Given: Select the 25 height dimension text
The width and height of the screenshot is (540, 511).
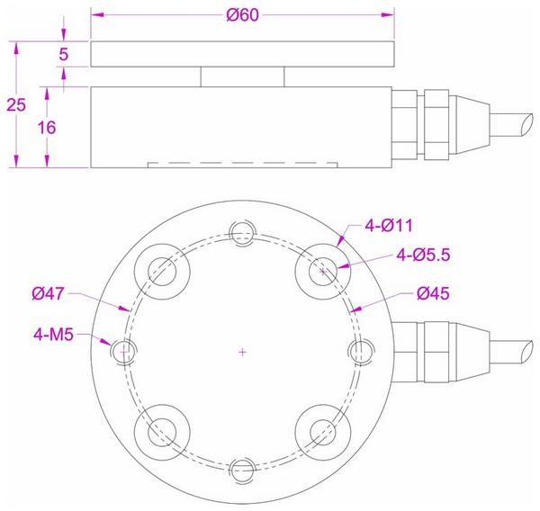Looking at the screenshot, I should click(15, 104).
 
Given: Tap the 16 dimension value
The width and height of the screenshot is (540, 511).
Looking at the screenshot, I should click(48, 127).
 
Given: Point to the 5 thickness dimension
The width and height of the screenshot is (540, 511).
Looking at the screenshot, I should click(63, 55).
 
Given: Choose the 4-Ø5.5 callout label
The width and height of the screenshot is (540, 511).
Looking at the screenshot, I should click(421, 255).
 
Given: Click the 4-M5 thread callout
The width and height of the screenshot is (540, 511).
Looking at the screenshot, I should click(55, 335).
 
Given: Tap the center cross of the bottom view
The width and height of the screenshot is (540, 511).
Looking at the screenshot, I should click(242, 351).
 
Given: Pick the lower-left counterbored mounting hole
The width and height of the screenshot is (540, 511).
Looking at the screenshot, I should click(163, 430).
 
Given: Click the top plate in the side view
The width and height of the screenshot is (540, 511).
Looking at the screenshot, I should click(243, 55).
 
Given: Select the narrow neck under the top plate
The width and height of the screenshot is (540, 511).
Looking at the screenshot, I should click(243, 76).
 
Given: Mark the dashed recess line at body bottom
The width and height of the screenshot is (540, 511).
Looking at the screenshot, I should click(243, 164).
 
